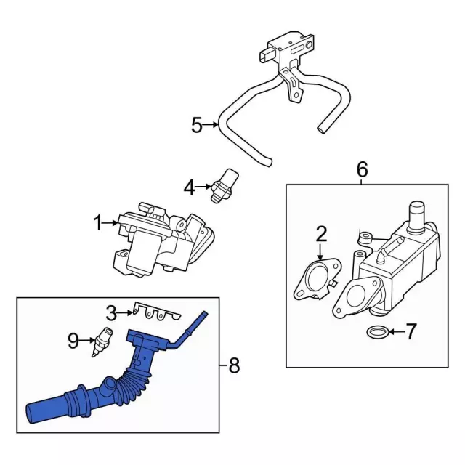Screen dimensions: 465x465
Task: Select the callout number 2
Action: [321, 234]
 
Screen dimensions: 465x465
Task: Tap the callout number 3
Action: [111, 314]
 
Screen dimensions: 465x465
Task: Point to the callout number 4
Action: [190, 188]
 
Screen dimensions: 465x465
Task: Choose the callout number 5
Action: [196, 126]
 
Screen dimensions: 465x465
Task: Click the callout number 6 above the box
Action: [362, 170]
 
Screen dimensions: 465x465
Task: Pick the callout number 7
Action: [411, 333]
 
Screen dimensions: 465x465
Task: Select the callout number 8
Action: [234, 365]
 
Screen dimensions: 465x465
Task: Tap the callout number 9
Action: [73, 340]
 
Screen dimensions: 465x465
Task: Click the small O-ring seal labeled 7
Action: [376, 333]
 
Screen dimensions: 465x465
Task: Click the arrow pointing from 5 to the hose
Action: [212, 126]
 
